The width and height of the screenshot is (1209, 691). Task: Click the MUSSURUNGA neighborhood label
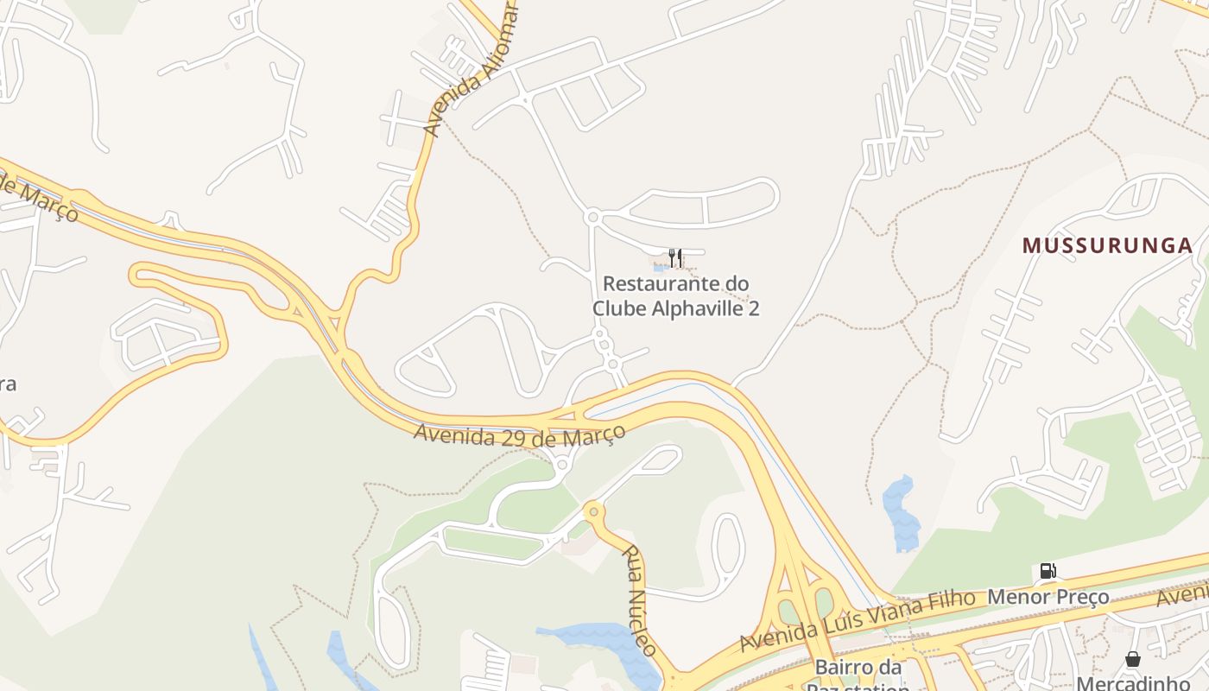click(1107, 245)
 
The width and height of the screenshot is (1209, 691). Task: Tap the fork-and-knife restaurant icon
click(675, 257)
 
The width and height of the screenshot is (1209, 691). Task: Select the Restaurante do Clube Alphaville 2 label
click(676, 295)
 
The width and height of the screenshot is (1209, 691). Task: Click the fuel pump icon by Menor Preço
click(1048, 570)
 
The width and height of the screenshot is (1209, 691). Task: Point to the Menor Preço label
click(1048, 596)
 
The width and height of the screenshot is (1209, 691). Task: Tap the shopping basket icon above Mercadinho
click(1133, 660)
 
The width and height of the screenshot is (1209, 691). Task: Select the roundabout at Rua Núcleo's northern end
click(592, 510)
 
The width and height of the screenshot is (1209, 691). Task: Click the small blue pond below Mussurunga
click(902, 515)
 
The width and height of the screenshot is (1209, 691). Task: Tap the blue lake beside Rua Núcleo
click(604, 639)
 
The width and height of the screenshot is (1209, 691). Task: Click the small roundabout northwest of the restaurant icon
click(592, 216)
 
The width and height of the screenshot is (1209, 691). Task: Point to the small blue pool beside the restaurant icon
click(658, 267)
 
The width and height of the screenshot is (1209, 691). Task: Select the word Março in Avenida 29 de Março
click(593, 434)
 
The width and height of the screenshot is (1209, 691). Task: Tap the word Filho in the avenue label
click(952, 599)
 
